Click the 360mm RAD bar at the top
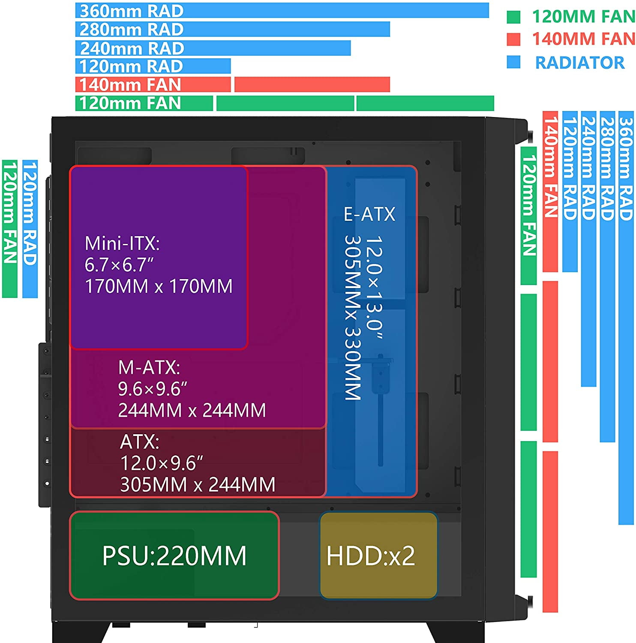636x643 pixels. click(x=282, y=11)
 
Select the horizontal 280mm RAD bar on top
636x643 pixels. click(x=233, y=29)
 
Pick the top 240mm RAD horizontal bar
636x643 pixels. click(x=213, y=48)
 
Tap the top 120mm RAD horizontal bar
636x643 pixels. click(x=153, y=66)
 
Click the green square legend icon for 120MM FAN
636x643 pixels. click(x=513, y=17)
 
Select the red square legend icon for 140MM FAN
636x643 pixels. click(x=513, y=39)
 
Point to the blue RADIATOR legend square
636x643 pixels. click(x=513, y=62)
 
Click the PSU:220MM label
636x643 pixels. click(x=174, y=556)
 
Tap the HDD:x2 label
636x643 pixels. click(x=371, y=556)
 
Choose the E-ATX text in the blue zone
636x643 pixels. click(x=369, y=214)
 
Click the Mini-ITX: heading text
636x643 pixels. click(x=122, y=243)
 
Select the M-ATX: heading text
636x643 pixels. click(x=149, y=367)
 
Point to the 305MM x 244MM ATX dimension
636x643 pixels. click(x=198, y=485)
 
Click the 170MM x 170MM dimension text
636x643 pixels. click(x=159, y=286)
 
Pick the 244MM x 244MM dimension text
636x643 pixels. click(x=192, y=410)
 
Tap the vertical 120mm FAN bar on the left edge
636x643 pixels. click(x=9, y=229)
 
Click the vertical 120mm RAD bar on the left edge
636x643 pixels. click(x=30, y=229)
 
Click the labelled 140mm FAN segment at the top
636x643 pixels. click(x=153, y=84)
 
